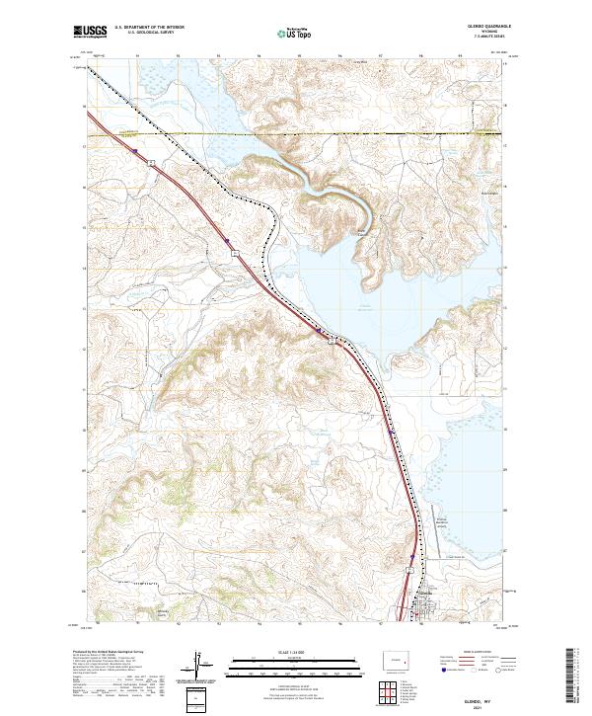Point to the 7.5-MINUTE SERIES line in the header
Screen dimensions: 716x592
coord(477,38)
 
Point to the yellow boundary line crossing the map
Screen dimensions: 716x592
coord(296,133)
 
